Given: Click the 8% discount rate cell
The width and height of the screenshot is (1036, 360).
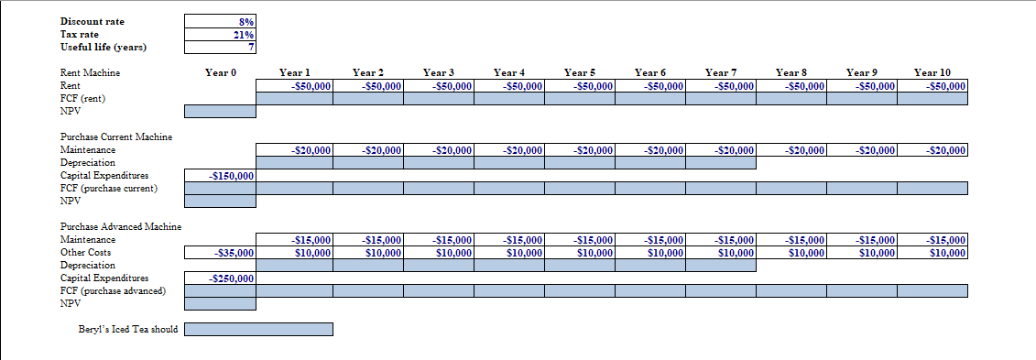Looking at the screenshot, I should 221,21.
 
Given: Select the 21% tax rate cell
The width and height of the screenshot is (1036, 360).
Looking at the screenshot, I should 221,35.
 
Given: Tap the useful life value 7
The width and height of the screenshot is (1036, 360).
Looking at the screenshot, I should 221,48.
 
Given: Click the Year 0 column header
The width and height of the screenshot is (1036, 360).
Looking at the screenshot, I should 221,72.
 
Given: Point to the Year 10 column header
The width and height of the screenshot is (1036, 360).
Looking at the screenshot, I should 932,72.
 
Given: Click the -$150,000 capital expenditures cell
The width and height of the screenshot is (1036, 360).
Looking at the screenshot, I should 221,176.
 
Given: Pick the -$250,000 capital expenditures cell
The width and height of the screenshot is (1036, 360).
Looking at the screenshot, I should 221,278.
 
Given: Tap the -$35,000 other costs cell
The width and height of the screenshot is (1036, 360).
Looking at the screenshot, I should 221,253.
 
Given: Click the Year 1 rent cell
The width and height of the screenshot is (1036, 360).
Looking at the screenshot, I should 298,86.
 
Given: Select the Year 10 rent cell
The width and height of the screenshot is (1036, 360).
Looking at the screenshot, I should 932,86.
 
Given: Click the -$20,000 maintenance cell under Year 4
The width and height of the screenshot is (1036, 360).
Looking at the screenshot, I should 509,150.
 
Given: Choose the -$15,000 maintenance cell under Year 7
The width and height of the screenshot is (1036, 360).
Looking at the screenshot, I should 721,240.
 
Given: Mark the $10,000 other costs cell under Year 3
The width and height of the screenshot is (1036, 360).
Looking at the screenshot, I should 439,253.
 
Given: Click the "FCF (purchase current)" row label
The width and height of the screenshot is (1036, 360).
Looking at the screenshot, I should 108,189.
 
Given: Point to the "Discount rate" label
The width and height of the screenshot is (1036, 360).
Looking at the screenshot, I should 93,21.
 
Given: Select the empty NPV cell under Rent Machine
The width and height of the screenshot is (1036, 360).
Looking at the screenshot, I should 221,112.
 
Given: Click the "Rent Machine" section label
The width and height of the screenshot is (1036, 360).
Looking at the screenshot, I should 90,72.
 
